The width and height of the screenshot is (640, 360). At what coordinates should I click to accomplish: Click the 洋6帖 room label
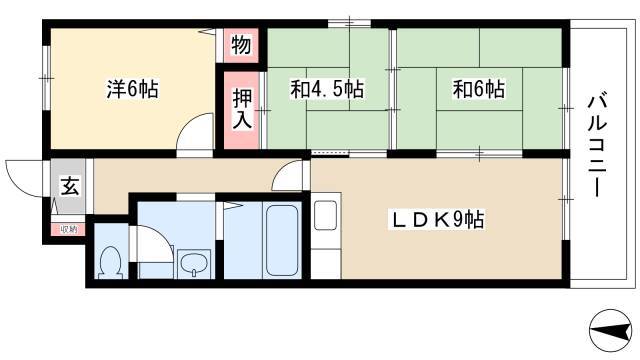[133, 89]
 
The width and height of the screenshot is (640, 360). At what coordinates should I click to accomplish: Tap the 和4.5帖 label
[327, 89]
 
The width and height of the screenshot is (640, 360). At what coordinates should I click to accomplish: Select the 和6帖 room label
[479, 89]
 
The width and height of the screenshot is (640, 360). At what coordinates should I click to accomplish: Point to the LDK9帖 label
[437, 220]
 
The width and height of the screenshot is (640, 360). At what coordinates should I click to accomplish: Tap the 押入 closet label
[242, 109]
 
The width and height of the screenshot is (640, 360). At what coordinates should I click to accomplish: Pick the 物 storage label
[241, 45]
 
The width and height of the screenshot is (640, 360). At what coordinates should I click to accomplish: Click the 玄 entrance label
[70, 186]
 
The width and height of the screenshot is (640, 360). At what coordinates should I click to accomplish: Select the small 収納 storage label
[68, 229]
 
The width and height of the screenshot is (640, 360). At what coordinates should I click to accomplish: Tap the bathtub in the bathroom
[282, 240]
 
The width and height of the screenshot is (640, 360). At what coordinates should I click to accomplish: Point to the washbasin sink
[194, 264]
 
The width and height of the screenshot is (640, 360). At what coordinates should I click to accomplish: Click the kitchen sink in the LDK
[325, 215]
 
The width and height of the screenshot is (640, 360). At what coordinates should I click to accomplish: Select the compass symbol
[611, 330]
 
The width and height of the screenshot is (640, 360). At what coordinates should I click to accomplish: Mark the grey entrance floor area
[68, 186]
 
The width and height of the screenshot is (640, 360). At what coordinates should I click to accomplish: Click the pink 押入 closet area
[242, 110]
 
